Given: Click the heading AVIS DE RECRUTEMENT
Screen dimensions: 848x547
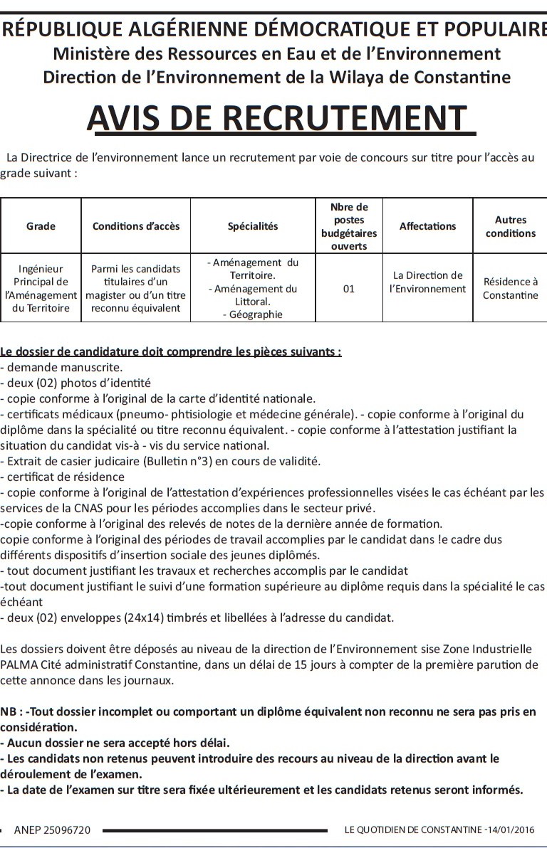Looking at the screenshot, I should (x=281, y=118).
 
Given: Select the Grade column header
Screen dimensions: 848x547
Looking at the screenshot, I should (x=41, y=226).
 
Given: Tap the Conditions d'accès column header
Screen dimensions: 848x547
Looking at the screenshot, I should (x=136, y=226).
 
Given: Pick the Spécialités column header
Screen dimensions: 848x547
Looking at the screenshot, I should (x=253, y=226).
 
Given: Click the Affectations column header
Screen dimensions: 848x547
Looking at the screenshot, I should (x=427, y=226).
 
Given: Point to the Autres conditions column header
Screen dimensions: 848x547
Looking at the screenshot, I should (x=510, y=227).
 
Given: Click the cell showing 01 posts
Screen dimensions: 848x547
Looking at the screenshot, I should (x=348, y=289).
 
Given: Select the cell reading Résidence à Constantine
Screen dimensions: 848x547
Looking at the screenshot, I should (x=510, y=288).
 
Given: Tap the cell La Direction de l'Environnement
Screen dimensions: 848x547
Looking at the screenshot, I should (x=427, y=282).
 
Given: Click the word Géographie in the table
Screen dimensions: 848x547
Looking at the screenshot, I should (x=256, y=314).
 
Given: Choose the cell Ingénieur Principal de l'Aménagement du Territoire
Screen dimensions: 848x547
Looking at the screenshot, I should (x=41, y=288).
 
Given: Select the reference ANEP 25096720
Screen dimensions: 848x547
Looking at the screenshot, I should (x=52, y=830).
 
